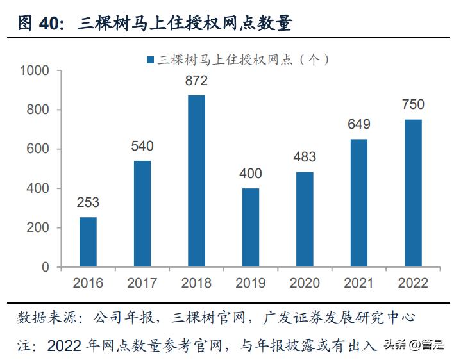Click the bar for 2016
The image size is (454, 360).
coord(88,242)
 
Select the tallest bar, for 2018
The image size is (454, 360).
coord(196,181)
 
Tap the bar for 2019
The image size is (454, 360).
coord(251,227)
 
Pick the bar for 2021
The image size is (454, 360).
coord(359,203)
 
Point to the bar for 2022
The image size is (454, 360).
coord(413,193)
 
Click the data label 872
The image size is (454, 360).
coord(196,81)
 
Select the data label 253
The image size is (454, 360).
coord(88,202)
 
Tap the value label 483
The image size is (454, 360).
coord(305,157)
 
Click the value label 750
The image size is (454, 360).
coord(413,104)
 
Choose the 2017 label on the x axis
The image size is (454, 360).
coord(142,283)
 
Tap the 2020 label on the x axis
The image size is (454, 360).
coord(305,283)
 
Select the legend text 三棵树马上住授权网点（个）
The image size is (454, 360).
coord(246,60)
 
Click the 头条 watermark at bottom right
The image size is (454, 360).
coord(395,346)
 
